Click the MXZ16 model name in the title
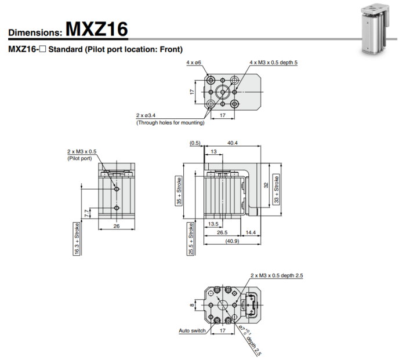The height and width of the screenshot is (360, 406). pyautogui.click(x=97, y=28)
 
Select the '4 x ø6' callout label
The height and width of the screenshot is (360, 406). pyautogui.click(x=194, y=63)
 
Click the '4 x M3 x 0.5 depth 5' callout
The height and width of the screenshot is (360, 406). pyautogui.click(x=273, y=63)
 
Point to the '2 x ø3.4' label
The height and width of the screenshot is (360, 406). pyautogui.click(x=146, y=115)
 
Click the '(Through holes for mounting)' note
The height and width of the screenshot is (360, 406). pyautogui.click(x=170, y=123)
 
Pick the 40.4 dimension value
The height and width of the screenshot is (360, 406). pyautogui.click(x=232, y=143)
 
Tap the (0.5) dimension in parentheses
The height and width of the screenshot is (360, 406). pyautogui.click(x=195, y=143)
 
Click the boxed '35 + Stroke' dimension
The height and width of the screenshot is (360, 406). pyautogui.click(x=179, y=191)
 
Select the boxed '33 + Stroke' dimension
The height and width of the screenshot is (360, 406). pyautogui.click(x=277, y=189)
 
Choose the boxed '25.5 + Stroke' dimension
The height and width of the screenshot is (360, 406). pyautogui.click(x=191, y=239)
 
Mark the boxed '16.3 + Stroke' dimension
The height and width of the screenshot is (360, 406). pyautogui.click(x=77, y=239)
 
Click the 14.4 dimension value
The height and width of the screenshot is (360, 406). pyautogui.click(x=251, y=232)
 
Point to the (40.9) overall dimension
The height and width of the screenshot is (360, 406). pyautogui.click(x=232, y=241)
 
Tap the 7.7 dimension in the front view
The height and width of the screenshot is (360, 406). pyautogui.click(x=87, y=213)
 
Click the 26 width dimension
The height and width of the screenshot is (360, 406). pyautogui.click(x=117, y=226)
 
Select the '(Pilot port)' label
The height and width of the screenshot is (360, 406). pyautogui.click(x=79, y=158)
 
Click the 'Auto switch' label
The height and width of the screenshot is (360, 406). pyautogui.click(x=192, y=330)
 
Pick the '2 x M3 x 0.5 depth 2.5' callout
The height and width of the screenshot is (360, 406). pyautogui.click(x=277, y=275)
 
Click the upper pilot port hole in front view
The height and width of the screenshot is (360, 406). pyautogui.click(x=117, y=189)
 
